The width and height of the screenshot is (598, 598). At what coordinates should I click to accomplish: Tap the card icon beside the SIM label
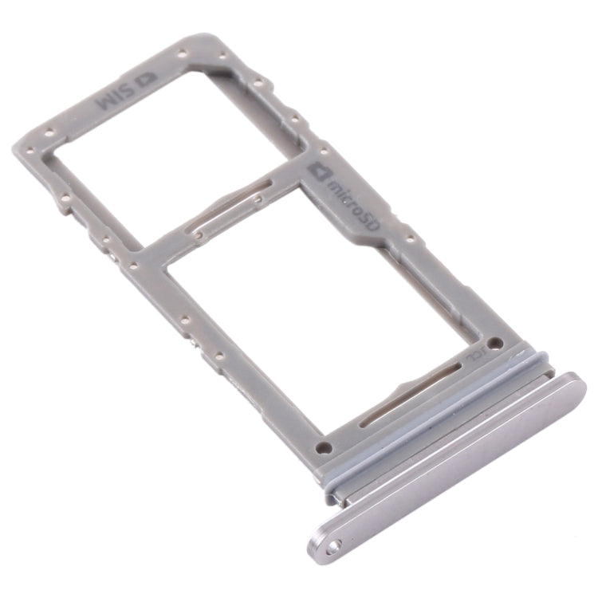point(146,81)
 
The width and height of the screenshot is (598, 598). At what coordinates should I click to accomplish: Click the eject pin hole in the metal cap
point(332,546)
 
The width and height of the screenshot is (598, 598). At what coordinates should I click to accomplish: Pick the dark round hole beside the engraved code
point(495,343)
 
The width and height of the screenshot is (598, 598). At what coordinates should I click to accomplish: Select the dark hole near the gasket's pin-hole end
point(324,448)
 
